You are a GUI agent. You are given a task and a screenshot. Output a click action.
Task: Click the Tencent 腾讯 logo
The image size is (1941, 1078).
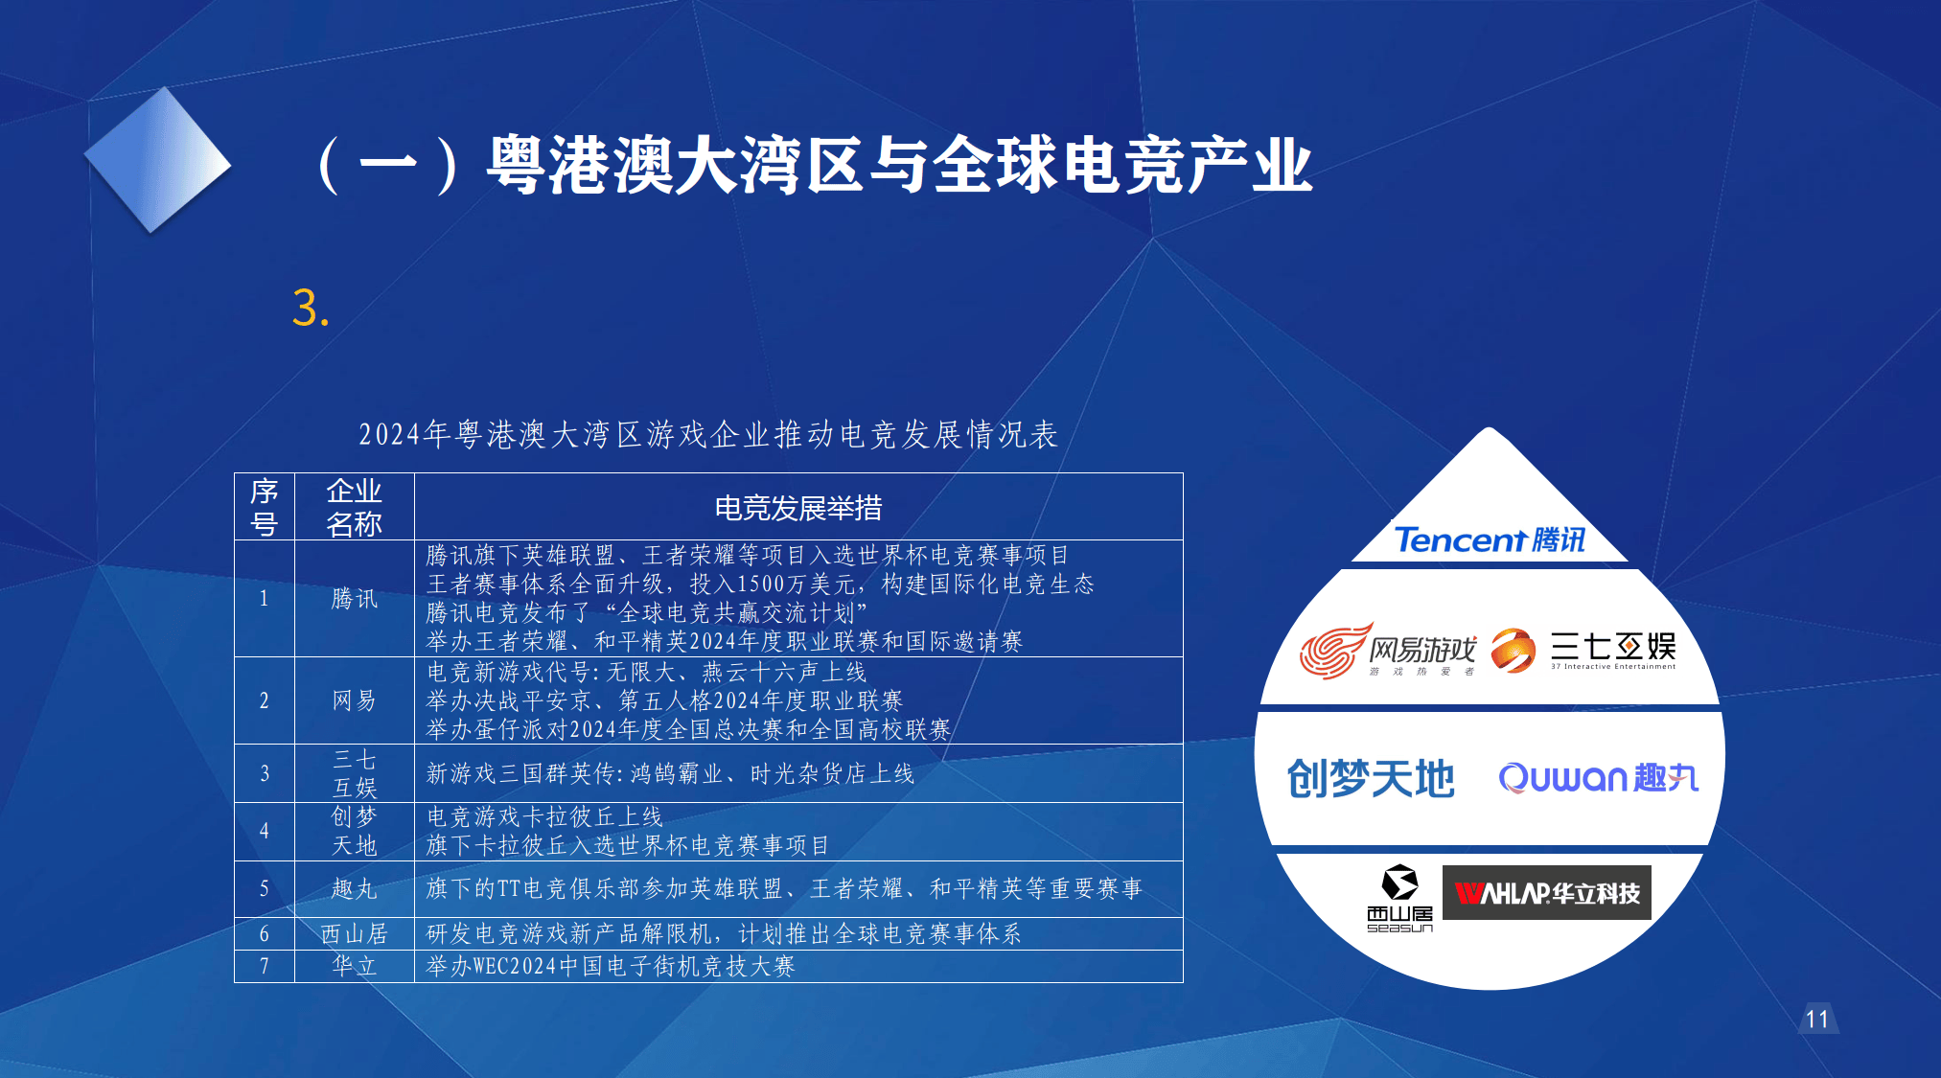coord(1490,540)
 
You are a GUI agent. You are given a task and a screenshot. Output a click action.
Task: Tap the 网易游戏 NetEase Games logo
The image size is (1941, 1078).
coord(1388,650)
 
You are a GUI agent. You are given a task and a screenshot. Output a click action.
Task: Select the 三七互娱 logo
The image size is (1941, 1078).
coord(1583,650)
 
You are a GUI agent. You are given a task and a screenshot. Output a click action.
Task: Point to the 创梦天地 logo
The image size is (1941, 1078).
coord(1371,778)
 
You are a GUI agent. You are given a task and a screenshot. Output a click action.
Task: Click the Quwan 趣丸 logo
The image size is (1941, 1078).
coord(1598,777)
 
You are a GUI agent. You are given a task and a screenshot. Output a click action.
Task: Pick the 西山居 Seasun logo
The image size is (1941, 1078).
coord(1399,898)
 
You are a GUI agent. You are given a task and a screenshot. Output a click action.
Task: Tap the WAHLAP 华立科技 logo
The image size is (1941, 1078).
coord(1546,893)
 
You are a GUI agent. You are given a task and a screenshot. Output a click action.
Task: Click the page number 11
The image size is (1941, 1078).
coord(1816,1019)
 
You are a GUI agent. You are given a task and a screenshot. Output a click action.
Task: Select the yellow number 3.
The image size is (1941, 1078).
coord(311,309)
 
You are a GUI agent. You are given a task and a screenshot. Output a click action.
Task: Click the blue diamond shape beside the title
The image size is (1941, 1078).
coord(158,161)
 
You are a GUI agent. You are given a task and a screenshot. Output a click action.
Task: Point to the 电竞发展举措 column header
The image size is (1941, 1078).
coord(798,508)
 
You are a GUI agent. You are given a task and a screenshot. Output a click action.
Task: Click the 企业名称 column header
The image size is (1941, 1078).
coord(354,508)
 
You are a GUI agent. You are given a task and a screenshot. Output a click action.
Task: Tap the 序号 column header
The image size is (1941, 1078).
coord(264,508)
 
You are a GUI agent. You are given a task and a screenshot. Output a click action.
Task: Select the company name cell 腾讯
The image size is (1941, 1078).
coord(354,599)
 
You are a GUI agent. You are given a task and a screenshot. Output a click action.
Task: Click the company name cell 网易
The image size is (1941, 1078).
coord(354,700)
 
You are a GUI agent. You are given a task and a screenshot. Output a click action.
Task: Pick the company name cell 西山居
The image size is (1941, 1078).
coord(354,933)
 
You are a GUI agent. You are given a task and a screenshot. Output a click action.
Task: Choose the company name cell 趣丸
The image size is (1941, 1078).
coord(354,889)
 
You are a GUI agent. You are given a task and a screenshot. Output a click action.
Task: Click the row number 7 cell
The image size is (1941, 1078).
coord(264,966)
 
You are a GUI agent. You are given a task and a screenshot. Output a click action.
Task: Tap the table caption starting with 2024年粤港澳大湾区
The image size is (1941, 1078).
coord(707,435)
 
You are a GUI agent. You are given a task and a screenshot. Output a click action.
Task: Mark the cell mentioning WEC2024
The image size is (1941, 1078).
coord(611,966)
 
